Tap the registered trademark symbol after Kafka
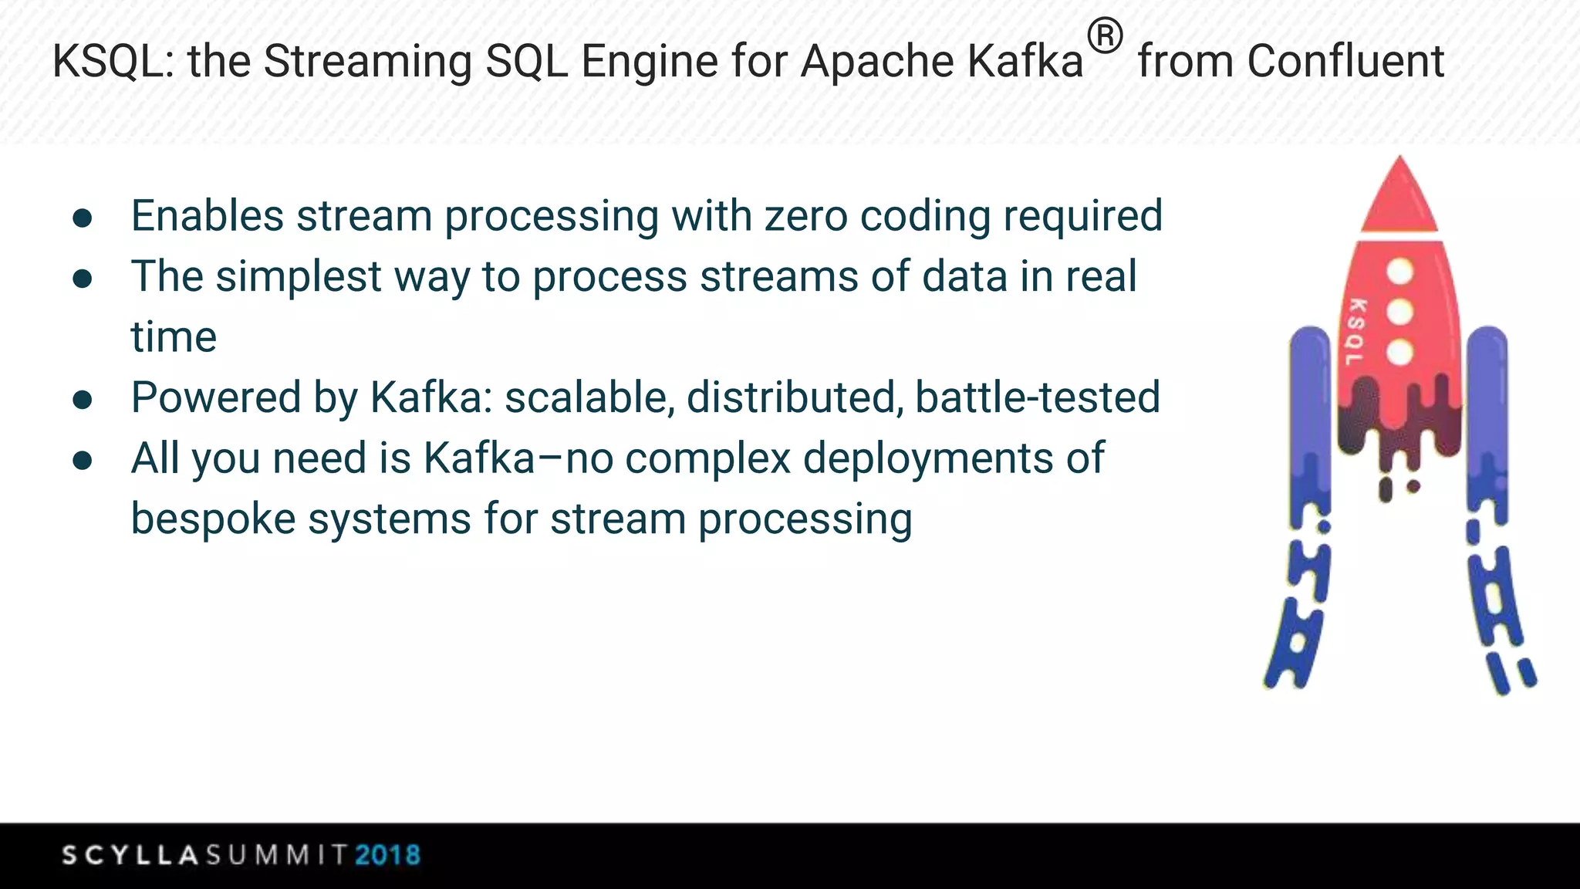pyautogui.click(x=1105, y=37)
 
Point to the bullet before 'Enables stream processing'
pyautogui.click(x=83, y=218)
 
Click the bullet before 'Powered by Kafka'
pyautogui.click(x=83, y=400)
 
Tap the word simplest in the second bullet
pyautogui.click(x=299, y=277)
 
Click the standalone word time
pyautogui.click(x=174, y=337)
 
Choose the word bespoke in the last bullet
pyautogui.click(x=213, y=519)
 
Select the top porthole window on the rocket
pyautogui.click(x=1399, y=271)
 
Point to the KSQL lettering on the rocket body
pyautogui.click(x=1355, y=332)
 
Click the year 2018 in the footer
pyautogui.click(x=387, y=855)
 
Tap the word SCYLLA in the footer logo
pyautogui.click(x=130, y=855)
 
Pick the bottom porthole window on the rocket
pyautogui.click(x=1399, y=353)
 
